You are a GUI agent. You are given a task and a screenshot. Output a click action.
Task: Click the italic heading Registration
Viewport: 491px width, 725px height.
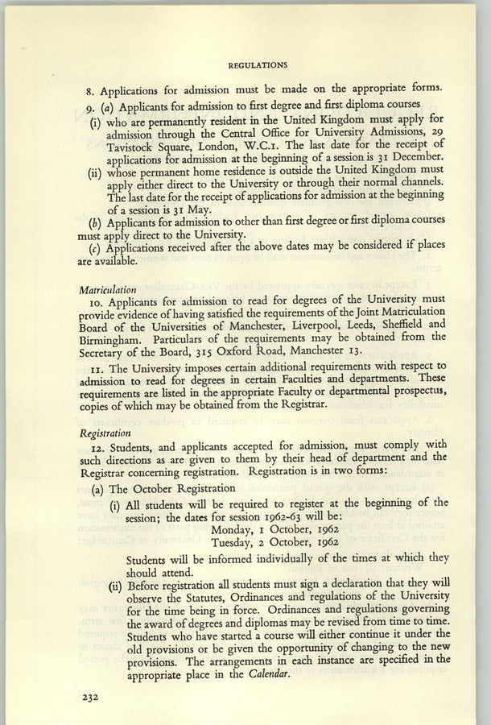pyautogui.click(x=105, y=432)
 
